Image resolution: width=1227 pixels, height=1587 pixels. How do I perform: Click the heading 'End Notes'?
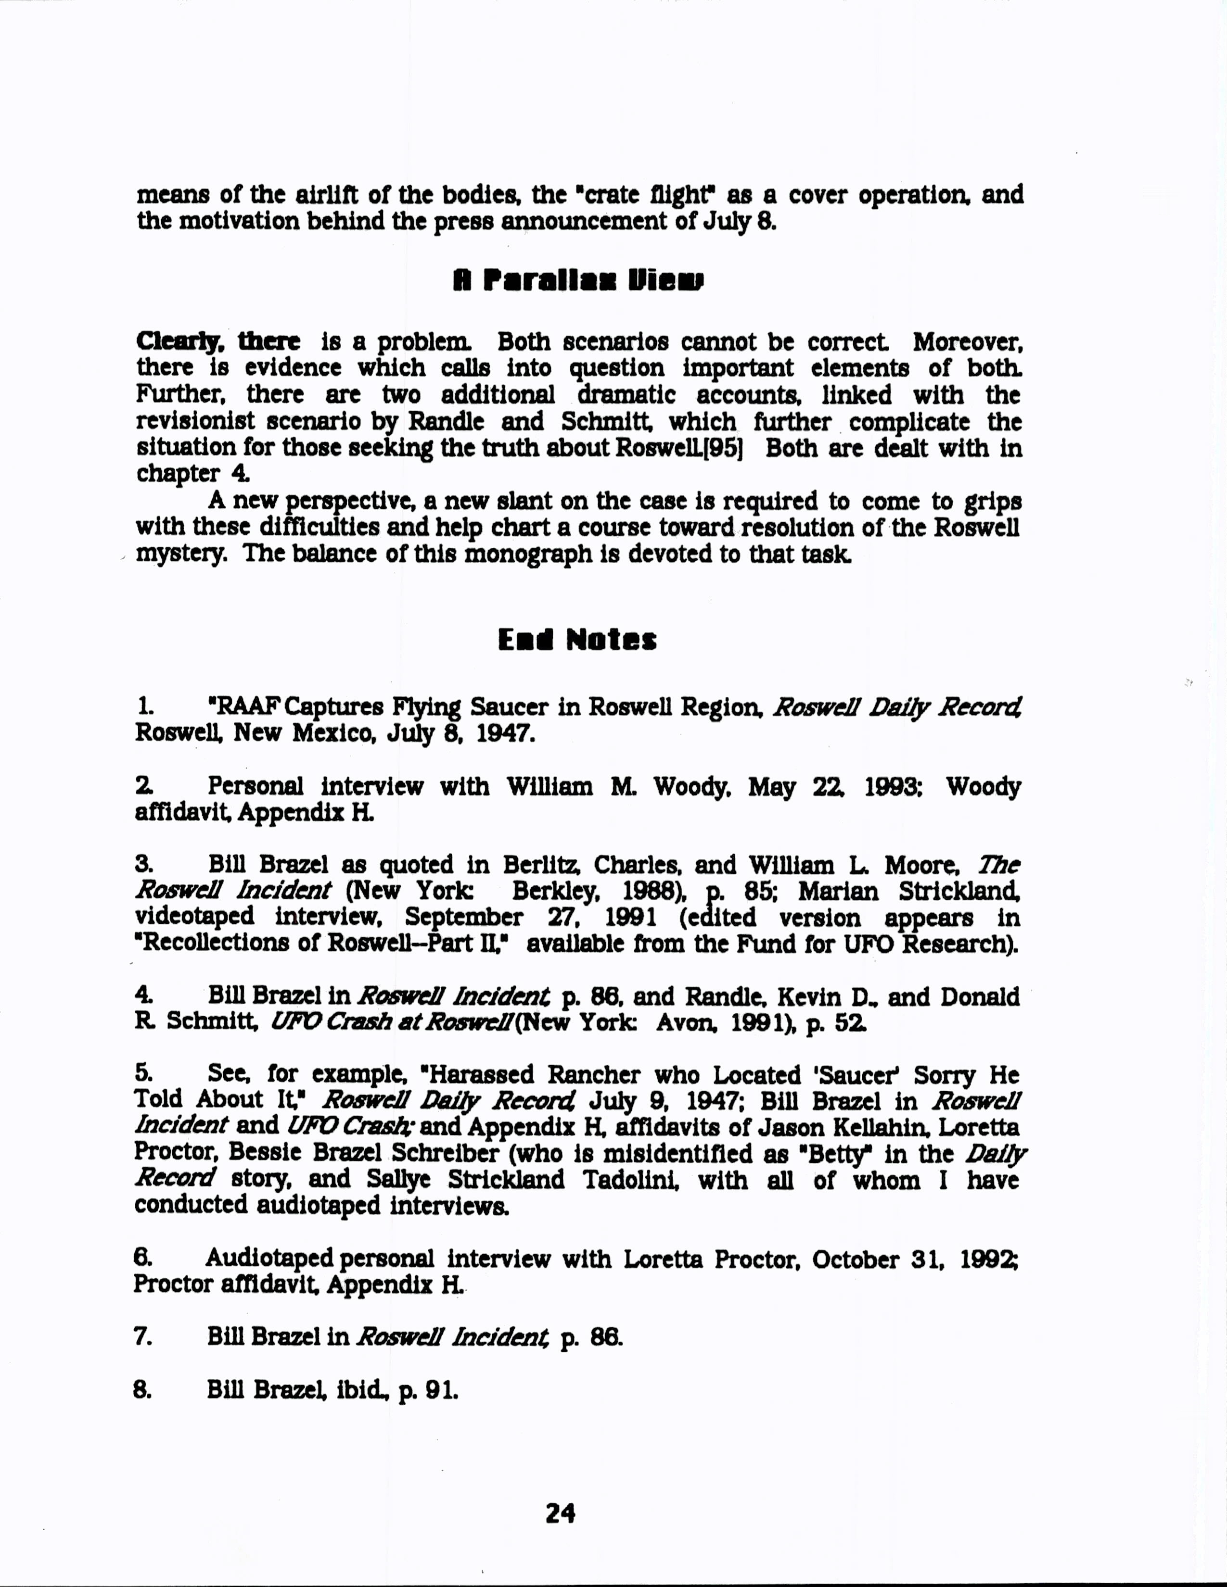[x=577, y=640]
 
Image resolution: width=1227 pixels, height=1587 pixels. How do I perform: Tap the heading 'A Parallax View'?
[x=578, y=280]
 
